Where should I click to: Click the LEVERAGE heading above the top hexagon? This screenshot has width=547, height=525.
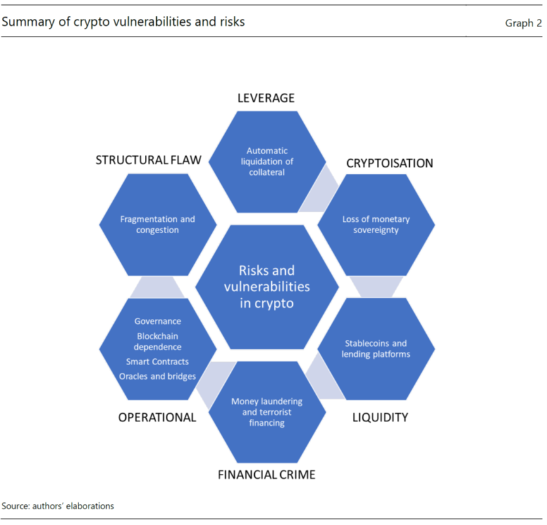click(266, 98)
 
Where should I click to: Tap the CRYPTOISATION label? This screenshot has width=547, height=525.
click(390, 163)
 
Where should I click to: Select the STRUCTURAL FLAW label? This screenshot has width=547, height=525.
click(149, 160)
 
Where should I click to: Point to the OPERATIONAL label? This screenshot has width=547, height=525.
click(157, 417)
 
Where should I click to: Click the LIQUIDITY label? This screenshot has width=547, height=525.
click(379, 417)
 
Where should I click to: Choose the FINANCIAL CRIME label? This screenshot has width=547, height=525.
click(266, 474)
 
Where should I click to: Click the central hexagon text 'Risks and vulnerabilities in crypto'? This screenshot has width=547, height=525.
click(266, 286)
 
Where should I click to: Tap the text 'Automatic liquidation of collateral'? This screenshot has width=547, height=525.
click(266, 161)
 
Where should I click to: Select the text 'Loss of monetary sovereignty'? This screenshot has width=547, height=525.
click(376, 225)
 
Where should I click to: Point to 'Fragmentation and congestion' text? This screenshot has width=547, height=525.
click(157, 225)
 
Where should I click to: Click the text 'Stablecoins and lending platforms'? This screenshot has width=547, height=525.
click(376, 348)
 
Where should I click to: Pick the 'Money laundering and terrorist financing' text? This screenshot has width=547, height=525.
click(266, 412)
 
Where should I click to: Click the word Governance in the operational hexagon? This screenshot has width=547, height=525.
click(157, 321)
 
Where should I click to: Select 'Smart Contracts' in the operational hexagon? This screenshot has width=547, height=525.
click(157, 362)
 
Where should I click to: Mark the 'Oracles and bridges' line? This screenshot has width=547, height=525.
click(157, 377)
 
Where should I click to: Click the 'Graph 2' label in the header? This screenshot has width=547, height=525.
click(519, 23)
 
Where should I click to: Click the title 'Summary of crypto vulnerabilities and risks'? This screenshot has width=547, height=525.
click(123, 22)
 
